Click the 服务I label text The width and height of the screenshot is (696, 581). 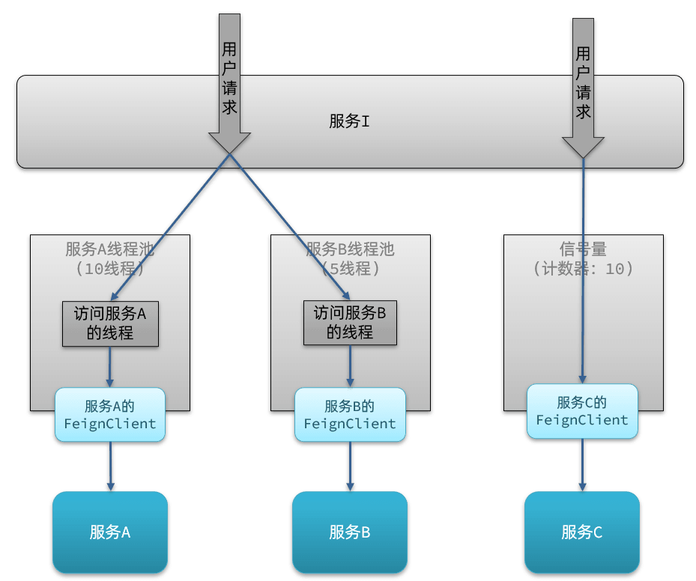coord(349,121)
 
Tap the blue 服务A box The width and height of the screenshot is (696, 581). coord(110,532)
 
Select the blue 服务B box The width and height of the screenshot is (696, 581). coord(350,532)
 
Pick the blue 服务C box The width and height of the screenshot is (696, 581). coord(582,532)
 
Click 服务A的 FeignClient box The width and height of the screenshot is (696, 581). coord(110,415)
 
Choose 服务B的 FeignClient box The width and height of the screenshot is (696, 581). coord(350,415)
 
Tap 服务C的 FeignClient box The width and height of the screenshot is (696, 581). coord(582,412)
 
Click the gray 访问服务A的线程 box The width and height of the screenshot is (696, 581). coord(110,323)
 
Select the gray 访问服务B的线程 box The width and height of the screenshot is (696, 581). coord(350,323)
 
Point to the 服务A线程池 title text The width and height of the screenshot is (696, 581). coord(110,249)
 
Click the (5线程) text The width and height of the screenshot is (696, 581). coord(350,268)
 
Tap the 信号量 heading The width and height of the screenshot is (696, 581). coord(583,249)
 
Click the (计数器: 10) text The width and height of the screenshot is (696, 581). coord(583,268)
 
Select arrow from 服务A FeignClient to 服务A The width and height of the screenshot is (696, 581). coord(110,466)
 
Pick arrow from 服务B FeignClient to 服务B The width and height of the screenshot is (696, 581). coord(350,466)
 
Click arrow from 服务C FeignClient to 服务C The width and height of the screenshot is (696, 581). coord(582,464)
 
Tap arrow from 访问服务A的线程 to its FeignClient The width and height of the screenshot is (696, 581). coord(110,366)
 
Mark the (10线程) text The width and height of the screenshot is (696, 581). coord(110,268)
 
